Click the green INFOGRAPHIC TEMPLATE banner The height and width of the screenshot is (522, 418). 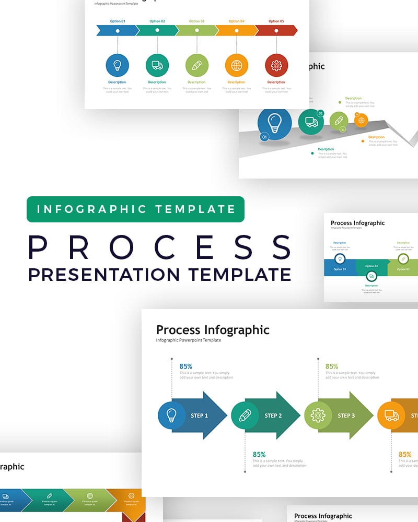[x=135, y=209]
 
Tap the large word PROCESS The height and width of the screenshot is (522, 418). [x=160, y=247]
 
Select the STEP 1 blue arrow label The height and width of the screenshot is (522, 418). [x=200, y=416]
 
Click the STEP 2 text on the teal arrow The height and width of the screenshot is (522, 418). [x=273, y=416]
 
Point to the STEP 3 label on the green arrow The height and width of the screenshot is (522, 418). [x=346, y=416]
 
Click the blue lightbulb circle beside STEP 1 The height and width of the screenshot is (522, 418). [x=171, y=416]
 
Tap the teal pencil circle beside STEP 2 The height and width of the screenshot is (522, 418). [x=245, y=416]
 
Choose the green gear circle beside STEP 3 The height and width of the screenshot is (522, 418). [x=318, y=416]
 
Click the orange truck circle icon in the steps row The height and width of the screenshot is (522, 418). [x=391, y=416]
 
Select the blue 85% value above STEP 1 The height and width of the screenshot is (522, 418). [x=186, y=366]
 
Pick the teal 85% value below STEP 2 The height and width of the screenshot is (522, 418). [x=259, y=454]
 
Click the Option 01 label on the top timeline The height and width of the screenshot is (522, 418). [x=118, y=21]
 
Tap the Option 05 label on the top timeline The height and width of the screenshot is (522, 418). [x=276, y=21]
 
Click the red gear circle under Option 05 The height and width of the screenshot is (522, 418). [x=276, y=65]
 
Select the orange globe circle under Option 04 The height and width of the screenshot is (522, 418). [x=237, y=65]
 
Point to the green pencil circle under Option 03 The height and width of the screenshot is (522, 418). [x=197, y=65]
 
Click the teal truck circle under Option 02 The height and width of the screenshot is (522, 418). [x=157, y=65]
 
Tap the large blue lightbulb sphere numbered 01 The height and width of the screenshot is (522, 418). [x=275, y=124]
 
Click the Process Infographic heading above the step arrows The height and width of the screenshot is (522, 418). [x=213, y=330]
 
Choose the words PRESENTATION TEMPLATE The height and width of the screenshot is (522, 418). [x=160, y=274]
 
